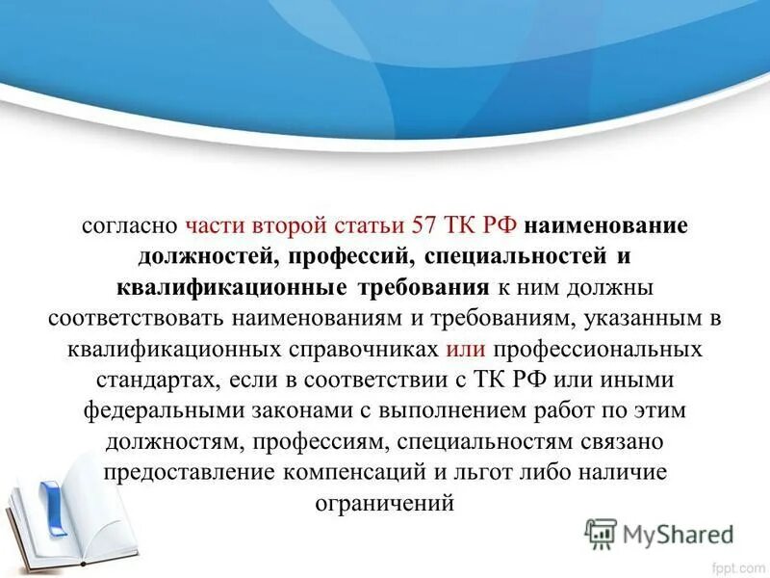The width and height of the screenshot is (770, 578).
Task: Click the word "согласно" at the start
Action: tap(127, 226)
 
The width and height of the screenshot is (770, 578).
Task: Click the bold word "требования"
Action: tap(424, 288)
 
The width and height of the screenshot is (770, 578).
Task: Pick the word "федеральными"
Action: tap(147, 411)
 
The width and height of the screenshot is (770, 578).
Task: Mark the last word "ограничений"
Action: tap(384, 504)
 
